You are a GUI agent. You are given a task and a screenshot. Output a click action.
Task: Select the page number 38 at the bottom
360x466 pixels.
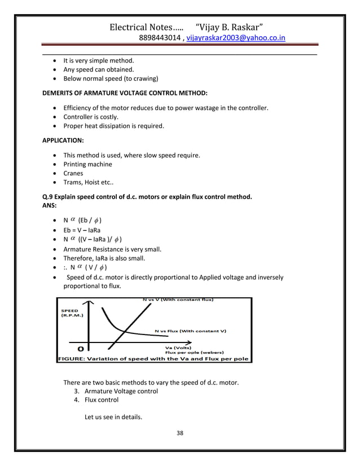tap(180, 433)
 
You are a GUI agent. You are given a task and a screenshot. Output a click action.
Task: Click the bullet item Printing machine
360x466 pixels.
tap(87, 164)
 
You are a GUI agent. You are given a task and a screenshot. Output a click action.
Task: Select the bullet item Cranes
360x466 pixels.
tap(73, 174)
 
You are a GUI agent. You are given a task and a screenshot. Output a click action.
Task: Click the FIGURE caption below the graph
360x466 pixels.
tap(153, 359)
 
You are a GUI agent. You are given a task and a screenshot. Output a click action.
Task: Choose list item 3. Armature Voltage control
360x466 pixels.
tap(116, 391)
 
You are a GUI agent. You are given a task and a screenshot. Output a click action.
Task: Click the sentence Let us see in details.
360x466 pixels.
tap(113, 418)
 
